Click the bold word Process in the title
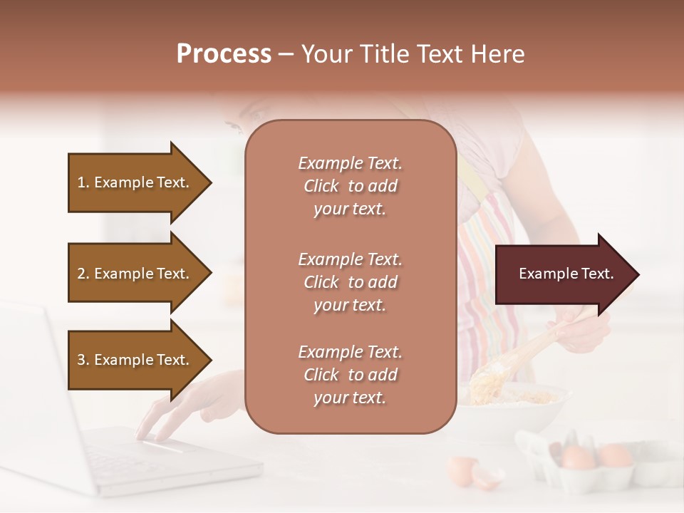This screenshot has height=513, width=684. click(x=224, y=54)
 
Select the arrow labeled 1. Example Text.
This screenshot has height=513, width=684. click(x=135, y=182)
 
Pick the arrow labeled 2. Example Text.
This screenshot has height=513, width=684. click(x=135, y=274)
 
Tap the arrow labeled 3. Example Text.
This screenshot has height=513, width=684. click(x=135, y=360)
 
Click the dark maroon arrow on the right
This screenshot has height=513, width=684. click(x=563, y=274)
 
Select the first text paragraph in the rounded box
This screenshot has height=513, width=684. click(x=350, y=186)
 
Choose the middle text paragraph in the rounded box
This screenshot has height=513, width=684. click(x=350, y=282)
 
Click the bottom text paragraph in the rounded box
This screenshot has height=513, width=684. click(x=350, y=375)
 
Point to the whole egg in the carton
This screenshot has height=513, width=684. click(x=579, y=457)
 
